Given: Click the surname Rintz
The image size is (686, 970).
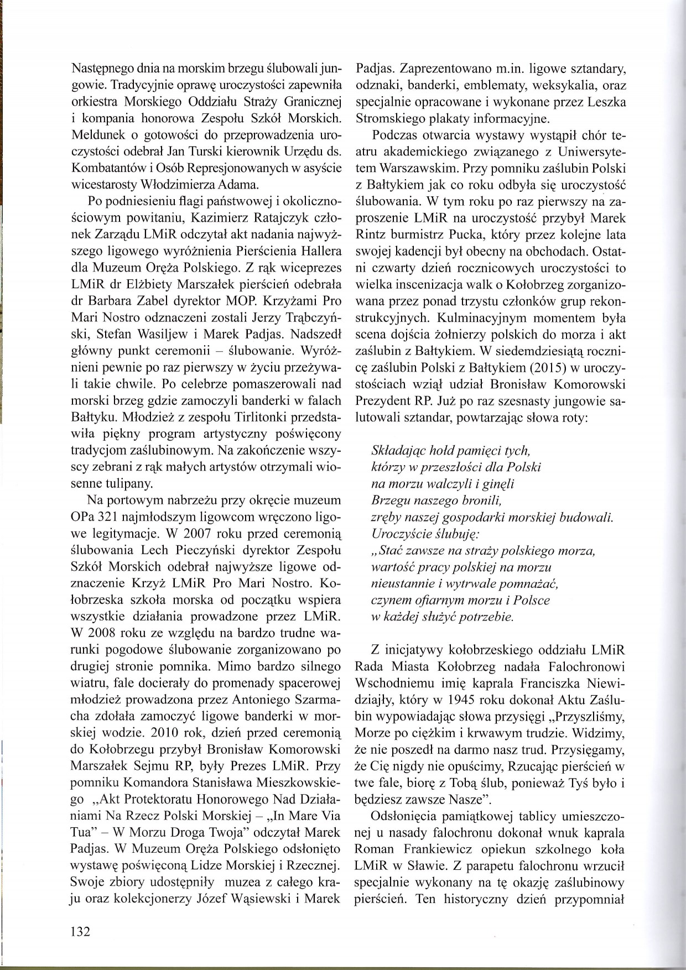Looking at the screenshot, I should pos(368,236).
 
